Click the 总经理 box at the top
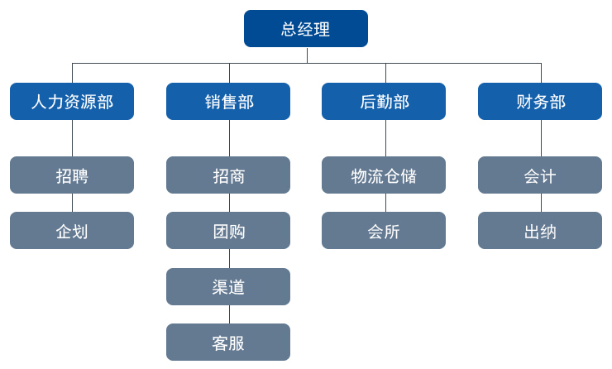click(306, 29)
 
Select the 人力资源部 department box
click(72, 102)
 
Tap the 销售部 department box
click(228, 102)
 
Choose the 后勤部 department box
click(384, 102)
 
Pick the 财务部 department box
click(540, 102)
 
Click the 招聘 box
click(72, 175)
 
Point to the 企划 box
click(72, 231)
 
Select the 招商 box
click(228, 175)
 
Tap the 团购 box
click(228, 231)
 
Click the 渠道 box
click(228, 287)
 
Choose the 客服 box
click(228, 343)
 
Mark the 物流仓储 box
click(384, 175)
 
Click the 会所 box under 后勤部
click(384, 231)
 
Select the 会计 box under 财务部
click(540, 175)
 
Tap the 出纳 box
click(540, 231)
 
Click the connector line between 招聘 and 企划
click(72, 203)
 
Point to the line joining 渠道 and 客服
click(229, 314)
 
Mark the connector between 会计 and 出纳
click(541, 203)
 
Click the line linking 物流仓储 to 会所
click(385, 203)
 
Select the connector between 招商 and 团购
click(229, 203)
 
